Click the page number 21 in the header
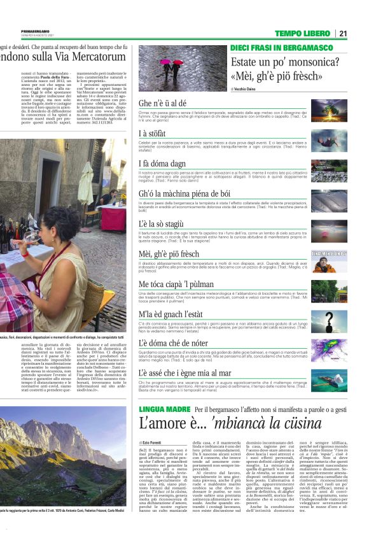360,33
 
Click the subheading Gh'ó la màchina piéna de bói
184,194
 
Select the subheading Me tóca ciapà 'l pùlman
177,284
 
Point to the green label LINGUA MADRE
164,409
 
